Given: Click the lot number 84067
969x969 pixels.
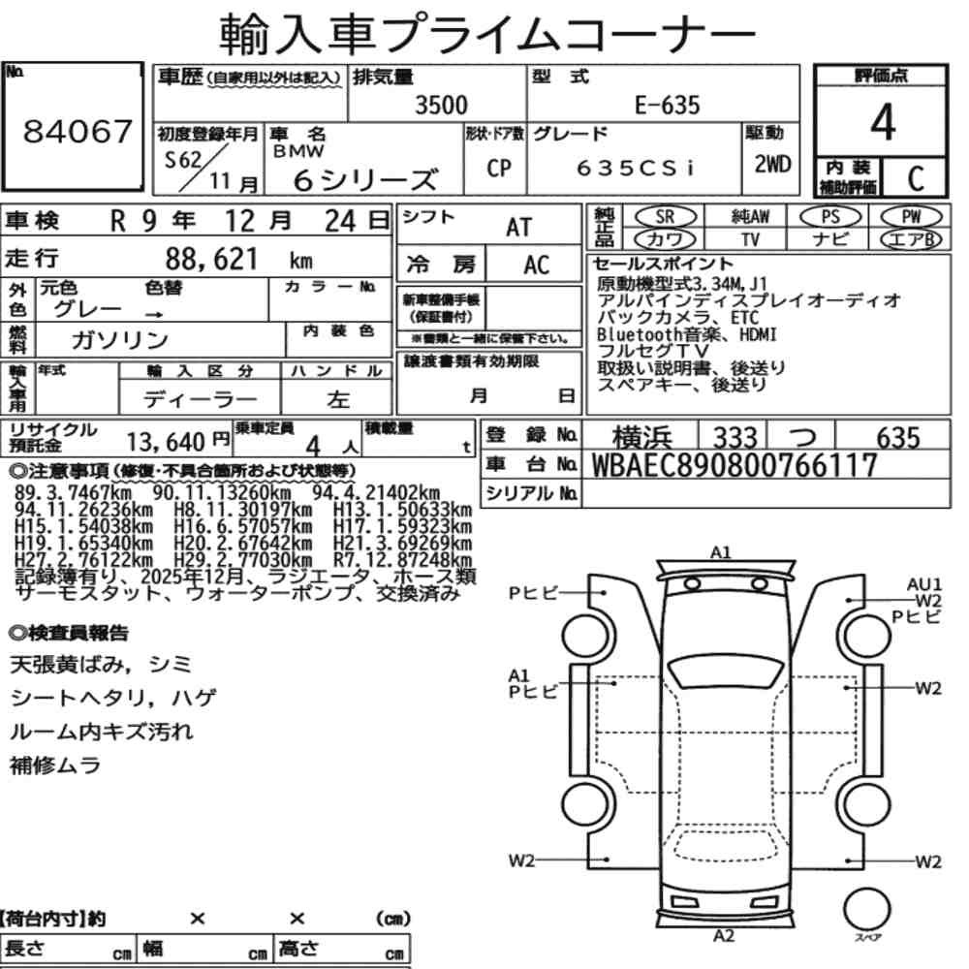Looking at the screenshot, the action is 78,131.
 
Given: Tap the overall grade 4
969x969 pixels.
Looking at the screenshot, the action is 883,122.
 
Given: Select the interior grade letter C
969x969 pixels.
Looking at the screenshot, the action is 916,178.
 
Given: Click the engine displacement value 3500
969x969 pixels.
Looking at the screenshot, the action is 441,105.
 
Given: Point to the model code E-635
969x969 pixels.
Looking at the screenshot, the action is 667,105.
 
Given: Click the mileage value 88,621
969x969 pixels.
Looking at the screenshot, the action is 211,259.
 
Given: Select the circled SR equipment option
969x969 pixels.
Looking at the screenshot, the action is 666,216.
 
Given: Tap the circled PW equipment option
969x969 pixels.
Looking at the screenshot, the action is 912,216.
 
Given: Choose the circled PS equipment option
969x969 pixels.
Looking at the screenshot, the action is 830,216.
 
